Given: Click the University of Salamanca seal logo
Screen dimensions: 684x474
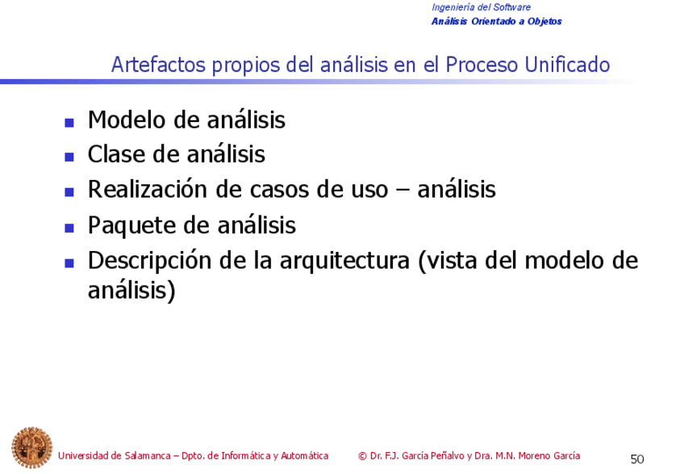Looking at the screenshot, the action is point(31,447).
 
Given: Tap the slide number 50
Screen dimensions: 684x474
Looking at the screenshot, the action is point(637,459).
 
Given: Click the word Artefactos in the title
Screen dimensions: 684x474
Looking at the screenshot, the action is point(158,65).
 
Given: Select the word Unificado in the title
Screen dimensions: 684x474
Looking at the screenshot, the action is point(567,65).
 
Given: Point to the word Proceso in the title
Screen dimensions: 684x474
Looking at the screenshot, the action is point(482,65).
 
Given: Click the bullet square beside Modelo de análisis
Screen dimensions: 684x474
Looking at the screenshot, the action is point(69,122).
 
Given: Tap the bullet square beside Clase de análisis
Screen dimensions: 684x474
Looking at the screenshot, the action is point(69,157).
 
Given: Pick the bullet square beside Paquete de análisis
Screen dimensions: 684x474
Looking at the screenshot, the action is point(69,228).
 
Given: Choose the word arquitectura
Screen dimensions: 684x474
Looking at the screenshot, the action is point(344,261).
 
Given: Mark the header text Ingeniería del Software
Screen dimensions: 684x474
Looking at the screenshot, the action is point(482,7).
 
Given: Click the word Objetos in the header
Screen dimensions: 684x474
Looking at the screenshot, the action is point(544,22).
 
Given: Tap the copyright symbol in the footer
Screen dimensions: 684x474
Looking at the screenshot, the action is point(362,456).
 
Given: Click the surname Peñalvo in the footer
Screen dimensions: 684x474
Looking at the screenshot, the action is point(447,455).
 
